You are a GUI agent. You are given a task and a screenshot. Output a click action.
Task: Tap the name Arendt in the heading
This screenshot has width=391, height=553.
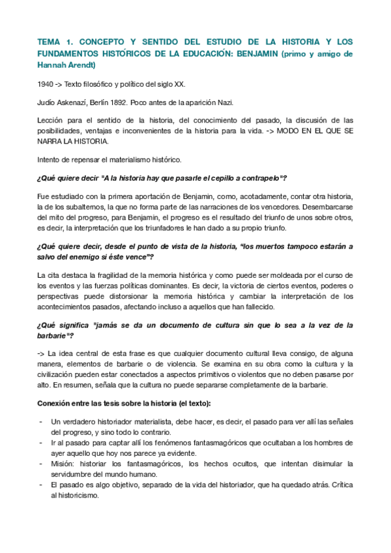tap(81, 65)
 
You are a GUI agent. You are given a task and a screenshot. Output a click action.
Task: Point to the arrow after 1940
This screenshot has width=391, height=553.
tap(62, 83)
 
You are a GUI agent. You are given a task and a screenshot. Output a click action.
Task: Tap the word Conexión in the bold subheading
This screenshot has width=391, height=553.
tap(56, 402)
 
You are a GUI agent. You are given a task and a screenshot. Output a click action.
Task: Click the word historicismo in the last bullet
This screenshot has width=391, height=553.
tap(76, 495)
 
